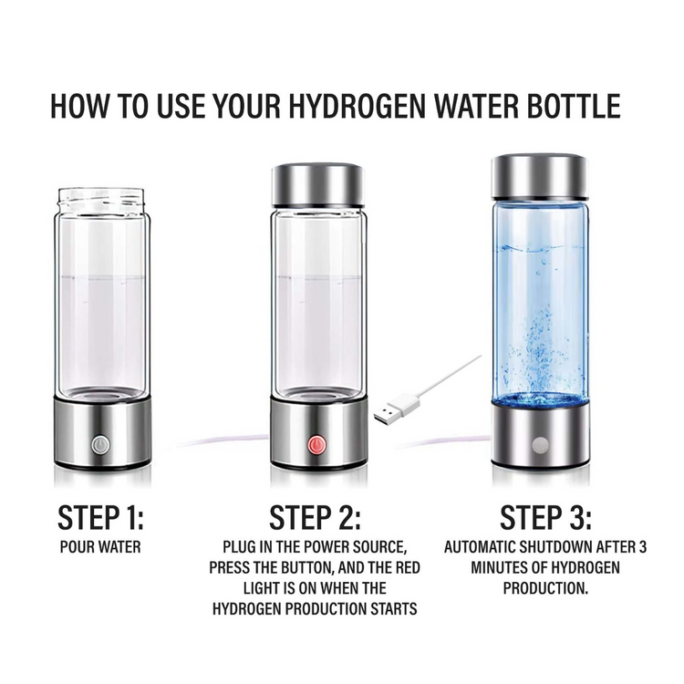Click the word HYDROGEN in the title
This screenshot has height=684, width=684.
357,106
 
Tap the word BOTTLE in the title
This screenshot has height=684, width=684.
574,106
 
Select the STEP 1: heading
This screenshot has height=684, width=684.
100,518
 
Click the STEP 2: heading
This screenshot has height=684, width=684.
315,518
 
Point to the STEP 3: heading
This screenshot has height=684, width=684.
545,518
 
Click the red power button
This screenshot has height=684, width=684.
317,445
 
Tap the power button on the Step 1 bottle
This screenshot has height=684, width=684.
100,445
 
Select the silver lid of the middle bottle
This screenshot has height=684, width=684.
317,185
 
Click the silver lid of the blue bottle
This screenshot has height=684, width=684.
540,176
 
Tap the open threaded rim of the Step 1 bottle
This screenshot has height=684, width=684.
101,199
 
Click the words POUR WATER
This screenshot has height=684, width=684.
100,547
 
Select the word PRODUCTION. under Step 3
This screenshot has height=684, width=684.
545,588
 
